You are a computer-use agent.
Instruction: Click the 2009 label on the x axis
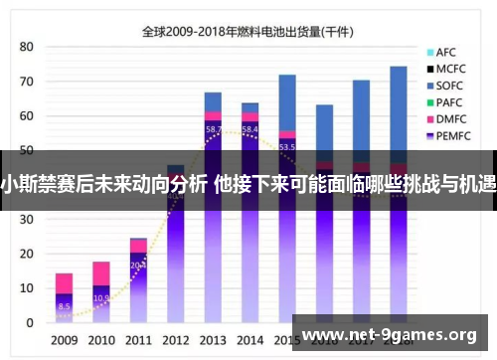tap(64, 341)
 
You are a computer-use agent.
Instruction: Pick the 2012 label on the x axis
tap(175, 341)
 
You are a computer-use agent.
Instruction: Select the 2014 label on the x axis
tap(249, 341)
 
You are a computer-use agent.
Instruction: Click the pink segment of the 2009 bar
tap(64, 283)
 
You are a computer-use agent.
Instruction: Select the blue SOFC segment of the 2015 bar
tap(287, 102)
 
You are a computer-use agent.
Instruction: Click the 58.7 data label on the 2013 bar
tap(214, 129)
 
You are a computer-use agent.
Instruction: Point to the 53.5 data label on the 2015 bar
tap(287, 146)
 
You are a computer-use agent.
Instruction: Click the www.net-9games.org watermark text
tap(394, 333)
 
